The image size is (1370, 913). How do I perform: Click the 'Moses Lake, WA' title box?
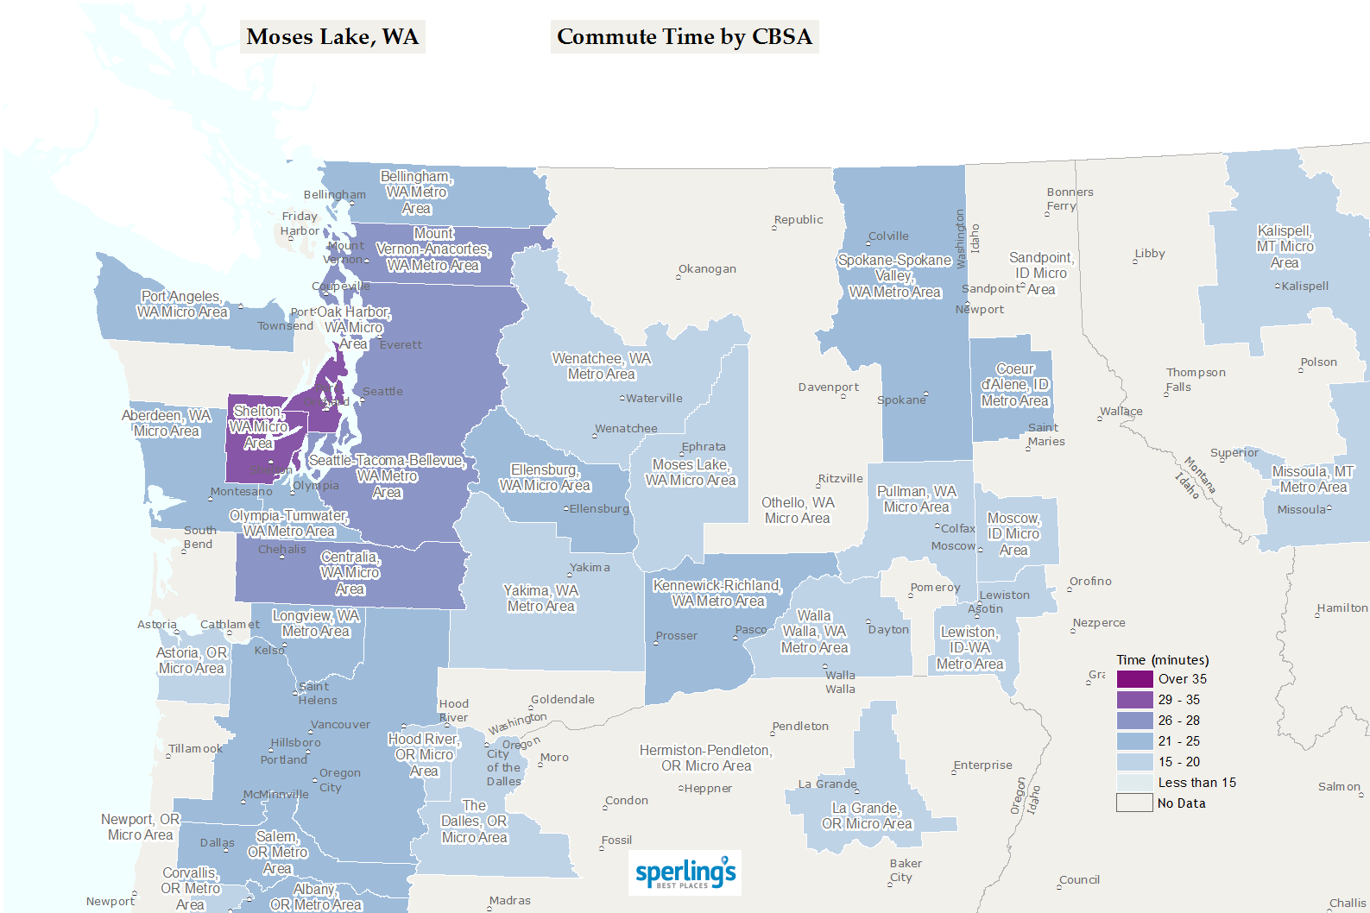point(332,37)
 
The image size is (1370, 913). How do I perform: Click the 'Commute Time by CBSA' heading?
point(685,37)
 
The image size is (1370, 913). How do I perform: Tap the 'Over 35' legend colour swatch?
point(1134,679)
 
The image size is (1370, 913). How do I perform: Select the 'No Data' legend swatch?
point(1134,803)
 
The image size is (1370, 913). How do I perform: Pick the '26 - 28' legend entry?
point(1178,721)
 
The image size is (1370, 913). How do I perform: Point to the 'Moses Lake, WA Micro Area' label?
point(691,472)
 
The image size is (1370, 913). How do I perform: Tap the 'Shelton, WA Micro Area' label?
point(258,427)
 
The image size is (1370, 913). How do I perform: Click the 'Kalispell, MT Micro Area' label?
point(1285,247)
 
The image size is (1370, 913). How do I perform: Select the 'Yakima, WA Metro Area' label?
point(541,598)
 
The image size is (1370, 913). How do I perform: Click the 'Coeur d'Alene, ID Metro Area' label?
point(1015,385)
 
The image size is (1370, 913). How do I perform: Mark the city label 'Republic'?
point(799,220)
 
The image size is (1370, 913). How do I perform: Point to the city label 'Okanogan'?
point(707,269)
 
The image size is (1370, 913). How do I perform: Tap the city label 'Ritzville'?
point(841,479)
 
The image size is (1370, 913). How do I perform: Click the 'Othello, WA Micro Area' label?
point(798,510)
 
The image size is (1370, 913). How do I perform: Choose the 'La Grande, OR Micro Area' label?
point(867,815)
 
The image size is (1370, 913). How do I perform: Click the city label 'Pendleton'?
point(800,727)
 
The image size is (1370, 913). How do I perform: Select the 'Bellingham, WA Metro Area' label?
point(416,192)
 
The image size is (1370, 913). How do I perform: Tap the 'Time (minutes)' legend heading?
point(1162,660)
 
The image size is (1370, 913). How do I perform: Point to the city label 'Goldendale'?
point(563,700)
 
